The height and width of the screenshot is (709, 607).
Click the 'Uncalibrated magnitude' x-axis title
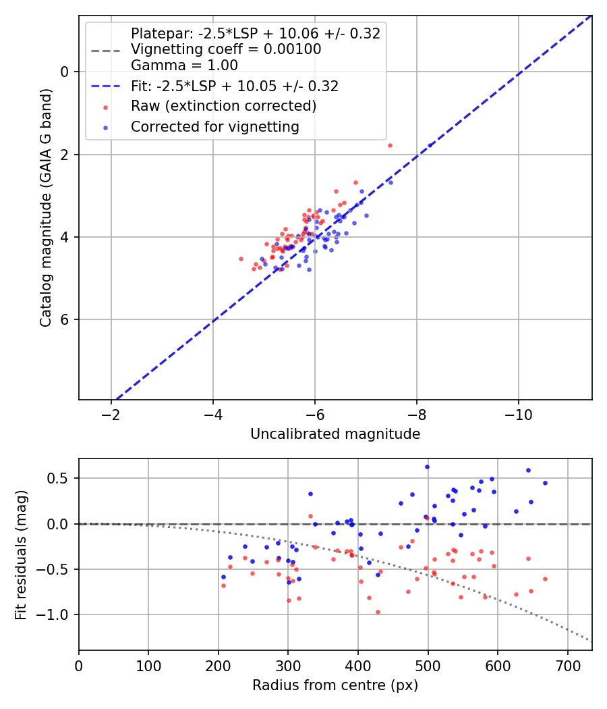tap(335, 434)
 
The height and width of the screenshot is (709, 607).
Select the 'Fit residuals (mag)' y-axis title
tap(22, 554)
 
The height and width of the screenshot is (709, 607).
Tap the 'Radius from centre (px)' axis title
tap(335, 685)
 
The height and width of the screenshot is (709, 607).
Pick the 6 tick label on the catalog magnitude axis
tap(65, 319)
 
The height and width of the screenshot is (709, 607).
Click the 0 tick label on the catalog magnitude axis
tap(65, 72)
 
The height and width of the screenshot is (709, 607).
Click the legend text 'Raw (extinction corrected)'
tap(223, 106)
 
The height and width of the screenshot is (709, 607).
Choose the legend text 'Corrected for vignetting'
tap(214, 126)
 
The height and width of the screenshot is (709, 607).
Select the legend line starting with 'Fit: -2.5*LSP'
tap(235, 86)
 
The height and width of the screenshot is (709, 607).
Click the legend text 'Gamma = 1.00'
tap(184, 65)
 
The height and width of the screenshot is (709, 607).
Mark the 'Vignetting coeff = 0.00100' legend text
tap(226, 49)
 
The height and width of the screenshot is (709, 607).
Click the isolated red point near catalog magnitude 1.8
tap(390, 145)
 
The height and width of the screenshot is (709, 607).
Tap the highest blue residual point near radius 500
tap(427, 467)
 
